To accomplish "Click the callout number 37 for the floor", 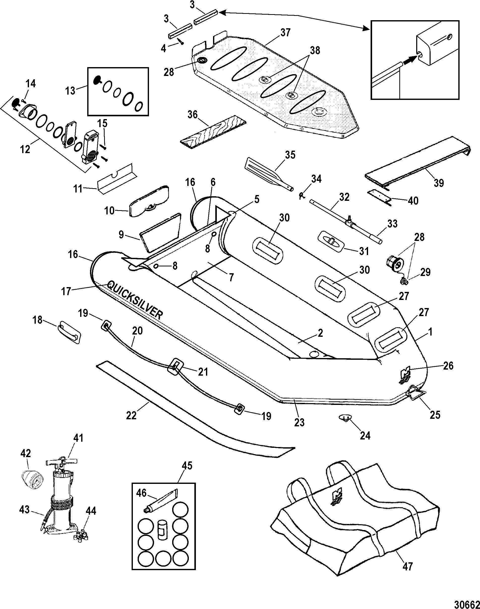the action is (286, 33).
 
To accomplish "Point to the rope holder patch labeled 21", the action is (175, 368).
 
